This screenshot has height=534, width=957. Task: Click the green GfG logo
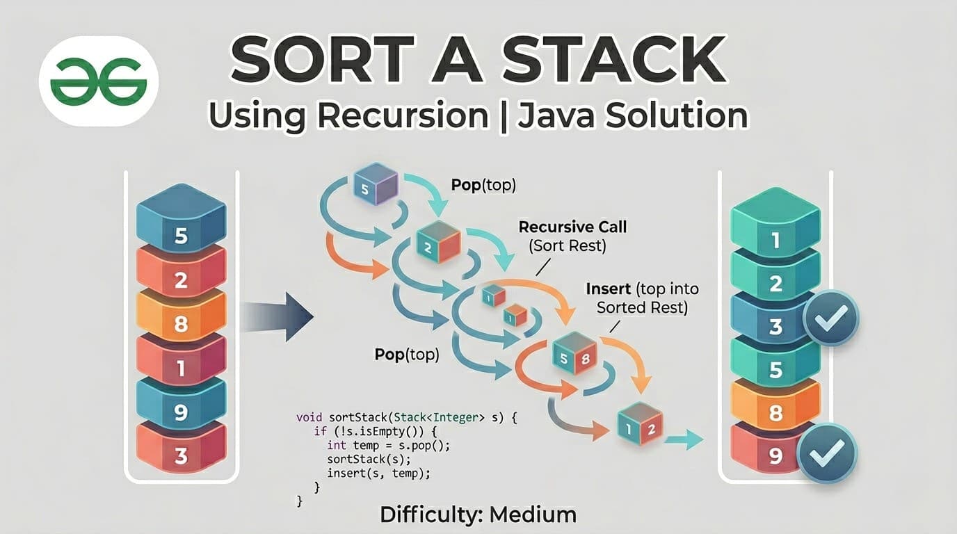tap(98, 82)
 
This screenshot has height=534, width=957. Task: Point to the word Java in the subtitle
tap(552, 115)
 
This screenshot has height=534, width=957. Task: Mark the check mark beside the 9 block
tap(827, 453)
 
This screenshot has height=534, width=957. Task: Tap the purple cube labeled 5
tap(376, 184)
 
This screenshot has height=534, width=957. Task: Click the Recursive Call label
tap(572, 227)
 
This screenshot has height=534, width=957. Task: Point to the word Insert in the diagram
tap(609, 289)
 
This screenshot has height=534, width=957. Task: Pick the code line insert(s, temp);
tap(378, 474)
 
